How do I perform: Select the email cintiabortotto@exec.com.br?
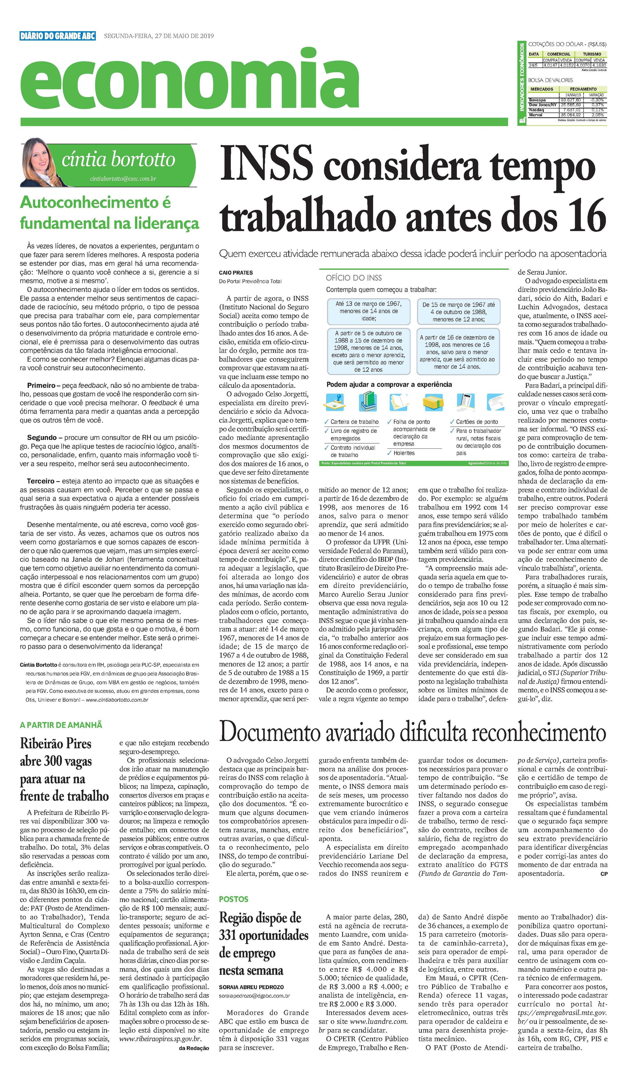(123, 178)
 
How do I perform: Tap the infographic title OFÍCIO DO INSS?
(353, 278)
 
